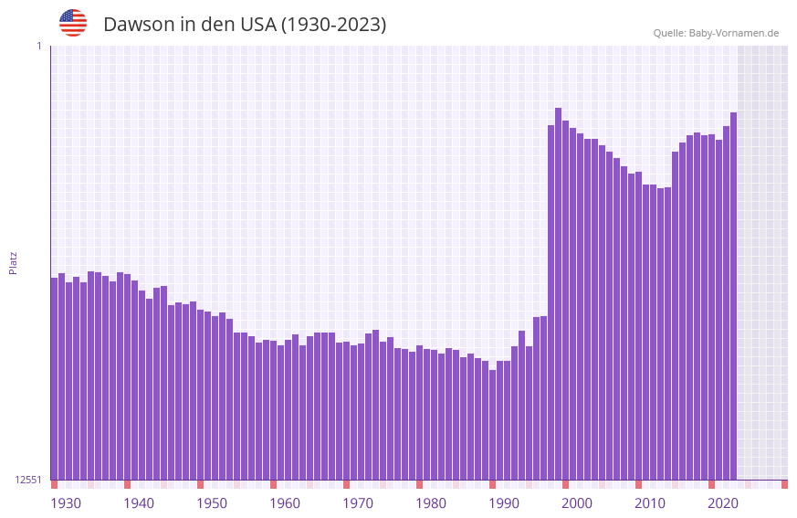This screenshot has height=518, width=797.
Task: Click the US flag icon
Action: pyautogui.click(x=73, y=23)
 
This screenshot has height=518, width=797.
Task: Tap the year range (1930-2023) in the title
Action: pyautogui.click(x=333, y=25)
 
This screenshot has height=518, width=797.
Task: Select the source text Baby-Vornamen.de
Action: pyautogui.click(x=734, y=33)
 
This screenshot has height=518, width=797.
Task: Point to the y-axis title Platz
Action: pyautogui.click(x=13, y=262)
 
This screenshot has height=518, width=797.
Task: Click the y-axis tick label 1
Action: pyautogui.click(x=38, y=46)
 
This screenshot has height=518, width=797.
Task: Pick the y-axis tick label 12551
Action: pyautogui.click(x=29, y=480)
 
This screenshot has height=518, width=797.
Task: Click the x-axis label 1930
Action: pyautogui.click(x=66, y=503)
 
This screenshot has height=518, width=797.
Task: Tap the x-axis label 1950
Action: pyautogui.click(x=212, y=503)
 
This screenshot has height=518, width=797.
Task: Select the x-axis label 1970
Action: pyautogui.click(x=358, y=503)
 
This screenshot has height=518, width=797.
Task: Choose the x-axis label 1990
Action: pyautogui.click(x=504, y=503)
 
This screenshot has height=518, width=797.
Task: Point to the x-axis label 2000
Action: pyautogui.click(x=577, y=503)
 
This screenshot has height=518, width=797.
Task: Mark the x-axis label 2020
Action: pyautogui.click(x=723, y=503)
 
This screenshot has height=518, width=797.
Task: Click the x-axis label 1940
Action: pyautogui.click(x=139, y=503)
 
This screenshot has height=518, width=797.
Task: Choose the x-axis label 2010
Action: pyautogui.click(x=650, y=503)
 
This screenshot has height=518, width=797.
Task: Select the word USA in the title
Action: pyautogui.click(x=257, y=25)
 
